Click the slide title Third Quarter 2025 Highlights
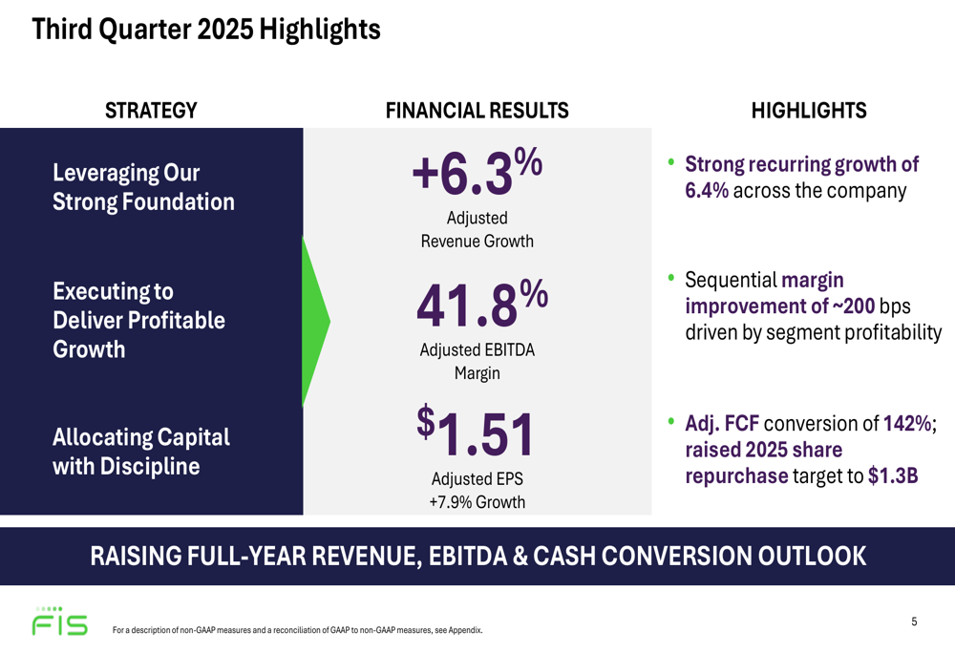pos(206,30)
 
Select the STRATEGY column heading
pos(151,111)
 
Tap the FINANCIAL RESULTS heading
pos(477,111)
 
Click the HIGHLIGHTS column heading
pos(809,111)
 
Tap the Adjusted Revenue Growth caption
pos(477,229)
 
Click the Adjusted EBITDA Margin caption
pos(477,362)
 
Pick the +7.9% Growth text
pos(477,502)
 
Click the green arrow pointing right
pos(315,321)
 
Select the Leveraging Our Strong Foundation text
pos(143,187)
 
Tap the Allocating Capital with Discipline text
pos(141,452)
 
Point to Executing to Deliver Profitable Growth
pos(138,320)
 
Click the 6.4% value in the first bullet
pos(707,190)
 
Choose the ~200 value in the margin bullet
pos(852,306)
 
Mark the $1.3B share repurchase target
pos(893,476)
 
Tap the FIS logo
pos(59,622)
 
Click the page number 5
pos(914,622)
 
